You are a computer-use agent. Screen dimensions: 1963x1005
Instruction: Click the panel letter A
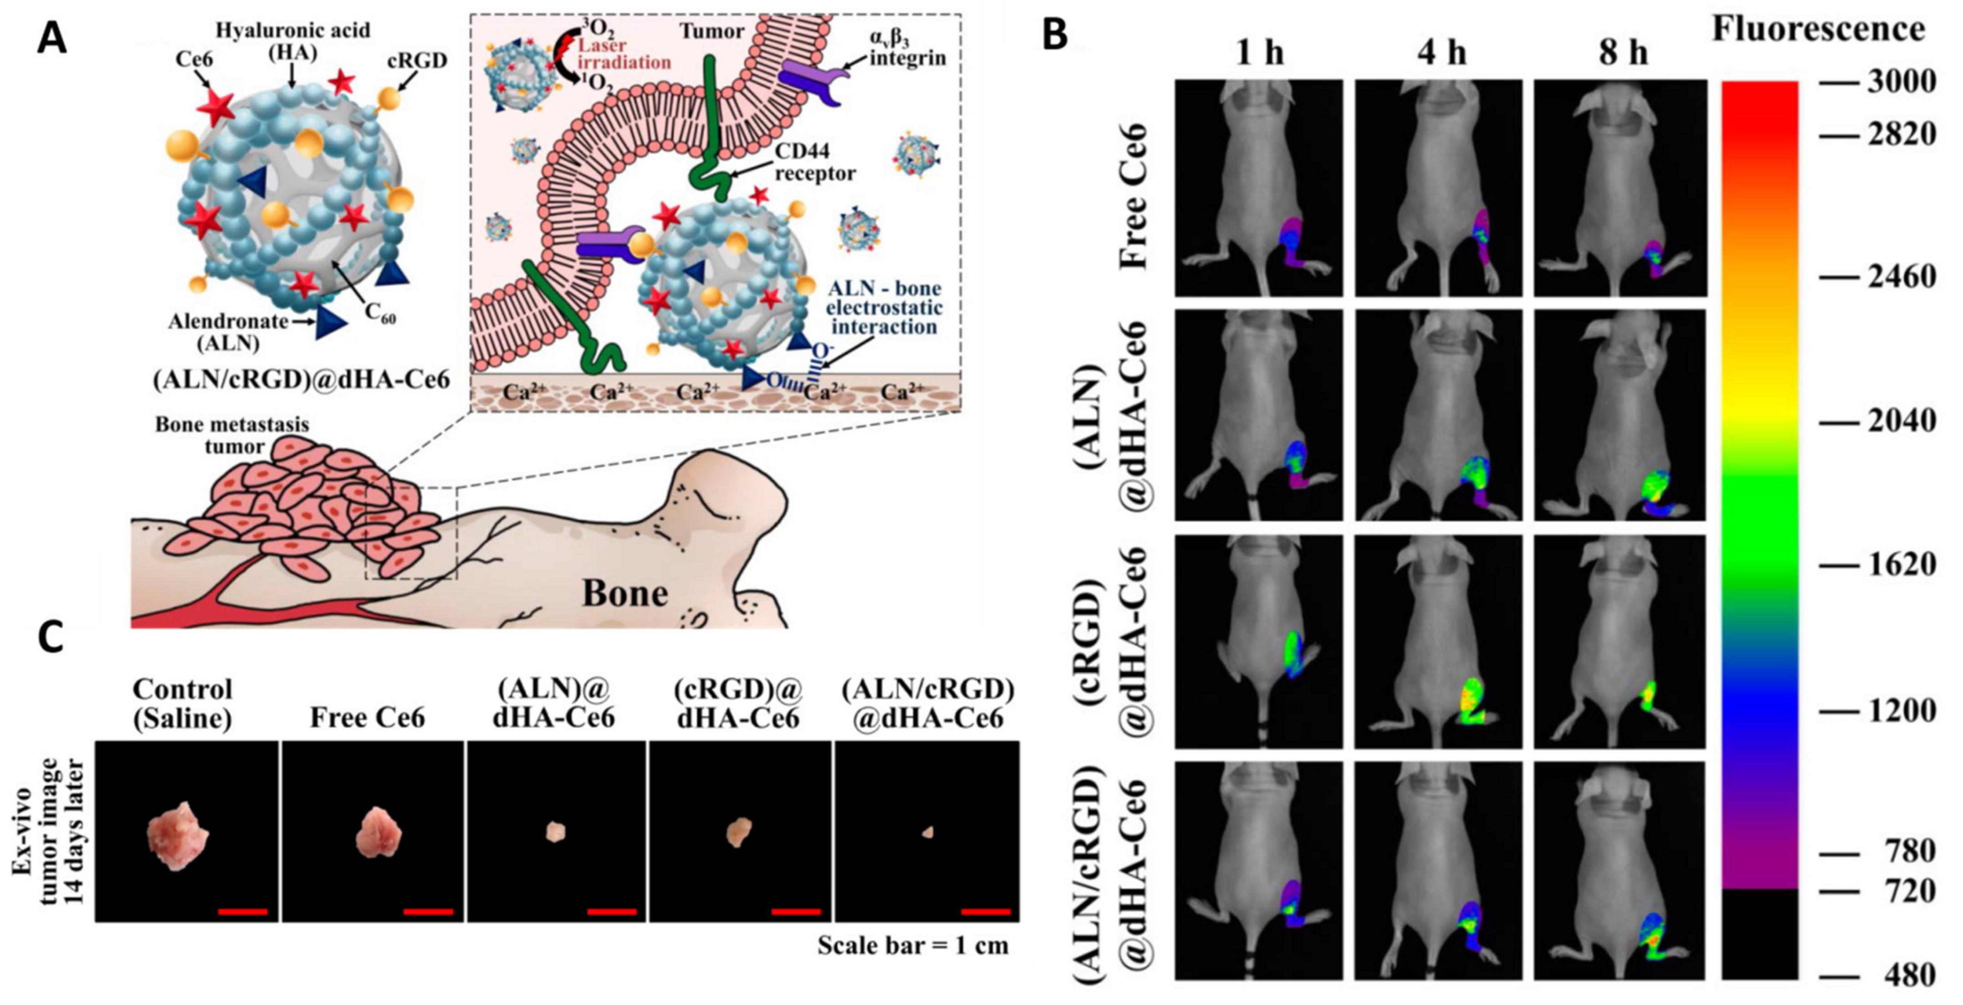tap(52, 38)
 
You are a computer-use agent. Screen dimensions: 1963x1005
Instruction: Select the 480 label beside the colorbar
tap(1905, 974)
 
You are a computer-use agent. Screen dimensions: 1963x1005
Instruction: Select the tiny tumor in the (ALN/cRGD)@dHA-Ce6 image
tap(928, 833)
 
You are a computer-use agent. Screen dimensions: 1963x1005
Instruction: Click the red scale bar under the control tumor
tap(242, 911)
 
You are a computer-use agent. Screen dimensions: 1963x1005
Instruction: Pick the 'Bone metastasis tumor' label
tap(232, 434)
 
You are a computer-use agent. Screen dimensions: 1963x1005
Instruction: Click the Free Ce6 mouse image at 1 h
tap(1258, 188)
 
